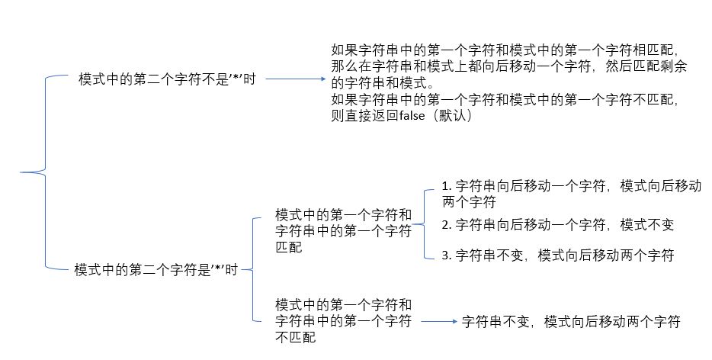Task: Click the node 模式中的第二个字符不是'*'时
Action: [x=167, y=79]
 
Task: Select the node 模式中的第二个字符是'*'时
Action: [x=156, y=269]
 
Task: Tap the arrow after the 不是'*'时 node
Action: [x=296, y=79]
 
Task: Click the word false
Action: [x=412, y=115]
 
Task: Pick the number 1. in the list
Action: [x=447, y=186]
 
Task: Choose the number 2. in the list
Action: [x=447, y=224]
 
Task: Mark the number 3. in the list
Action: [x=447, y=255]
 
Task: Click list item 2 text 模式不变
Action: [x=646, y=224]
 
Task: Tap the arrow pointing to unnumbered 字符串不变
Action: [x=439, y=321]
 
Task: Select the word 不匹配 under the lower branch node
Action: [x=295, y=337]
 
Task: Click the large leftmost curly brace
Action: [x=46, y=172]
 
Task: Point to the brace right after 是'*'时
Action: [x=252, y=269]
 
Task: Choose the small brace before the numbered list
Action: [x=424, y=224]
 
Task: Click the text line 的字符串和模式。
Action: [x=383, y=82]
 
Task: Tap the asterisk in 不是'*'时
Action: [x=236, y=79]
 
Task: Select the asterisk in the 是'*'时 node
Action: [x=218, y=268]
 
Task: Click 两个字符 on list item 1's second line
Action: [x=469, y=202]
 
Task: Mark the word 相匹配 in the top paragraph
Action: [x=653, y=50]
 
